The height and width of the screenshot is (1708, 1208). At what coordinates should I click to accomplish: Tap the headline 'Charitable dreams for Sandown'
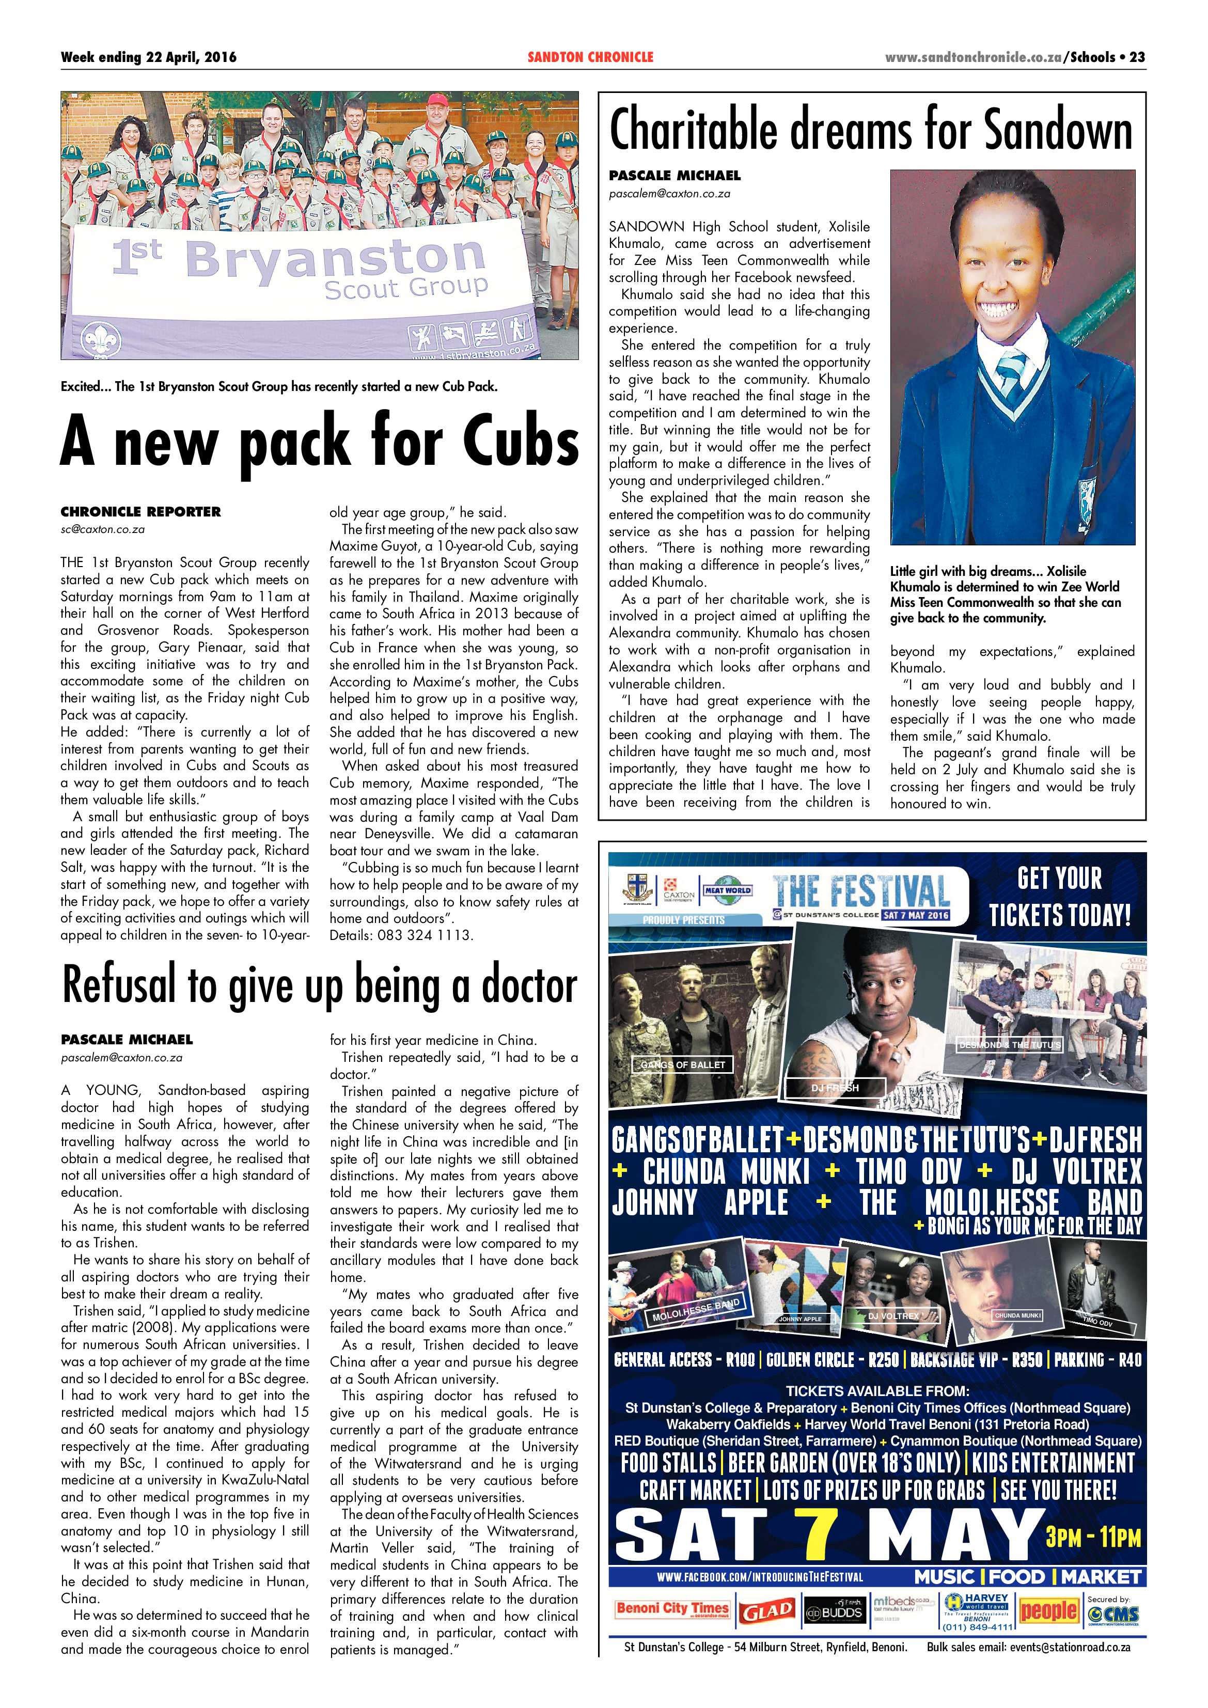pos(870,130)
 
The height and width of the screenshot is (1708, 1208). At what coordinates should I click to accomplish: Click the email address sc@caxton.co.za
pos(103,530)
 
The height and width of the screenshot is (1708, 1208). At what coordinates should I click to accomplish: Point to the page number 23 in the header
pos(1137,57)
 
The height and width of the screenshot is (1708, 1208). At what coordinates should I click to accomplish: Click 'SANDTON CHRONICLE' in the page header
pos(590,57)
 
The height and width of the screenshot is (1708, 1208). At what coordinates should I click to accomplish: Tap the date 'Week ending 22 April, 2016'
pos(149,57)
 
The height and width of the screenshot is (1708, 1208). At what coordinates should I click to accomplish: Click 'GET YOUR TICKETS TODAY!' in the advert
pos(1059,897)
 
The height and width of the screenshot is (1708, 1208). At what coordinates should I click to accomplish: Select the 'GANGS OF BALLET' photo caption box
pos(683,1064)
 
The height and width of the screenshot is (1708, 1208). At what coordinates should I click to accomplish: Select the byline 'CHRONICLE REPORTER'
pos(140,512)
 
